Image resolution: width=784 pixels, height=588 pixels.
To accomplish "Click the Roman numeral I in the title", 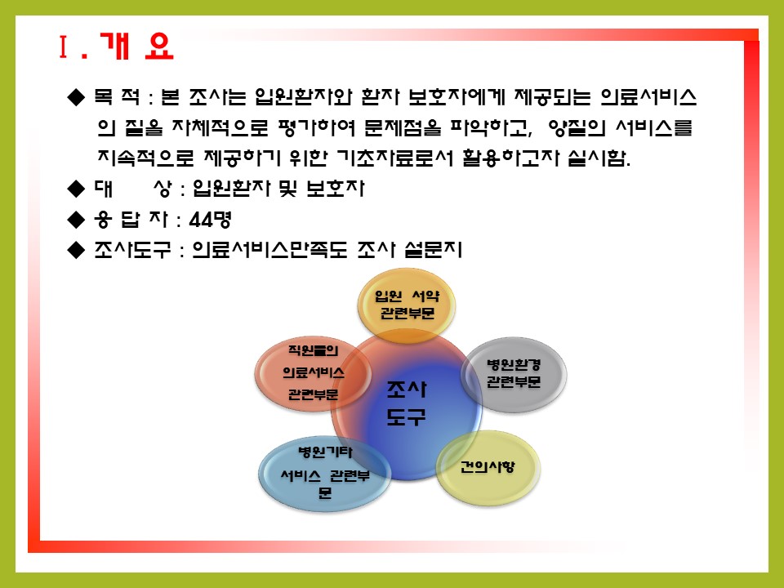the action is coord(63,47).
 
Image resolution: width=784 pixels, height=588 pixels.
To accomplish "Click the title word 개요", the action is coord(136,47).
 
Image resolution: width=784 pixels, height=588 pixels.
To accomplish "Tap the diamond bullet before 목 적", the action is coord(76,97).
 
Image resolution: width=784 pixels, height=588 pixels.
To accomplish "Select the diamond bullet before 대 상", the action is coord(76,189).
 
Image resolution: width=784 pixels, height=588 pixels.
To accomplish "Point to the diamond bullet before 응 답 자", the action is coord(76,220).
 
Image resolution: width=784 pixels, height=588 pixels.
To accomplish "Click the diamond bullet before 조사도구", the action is coord(76,250).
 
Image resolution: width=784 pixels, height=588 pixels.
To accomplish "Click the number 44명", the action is coord(210,220).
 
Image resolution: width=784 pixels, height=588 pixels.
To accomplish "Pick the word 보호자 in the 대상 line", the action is coord(336,189).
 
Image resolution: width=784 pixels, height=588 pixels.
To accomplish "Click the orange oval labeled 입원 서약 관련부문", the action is coord(407,305).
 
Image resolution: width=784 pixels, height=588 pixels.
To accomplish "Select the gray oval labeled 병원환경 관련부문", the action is coord(514,375).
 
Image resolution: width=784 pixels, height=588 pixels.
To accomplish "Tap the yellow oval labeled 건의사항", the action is coord(488,468).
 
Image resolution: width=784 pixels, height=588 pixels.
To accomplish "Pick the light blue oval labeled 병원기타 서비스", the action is coord(324,474).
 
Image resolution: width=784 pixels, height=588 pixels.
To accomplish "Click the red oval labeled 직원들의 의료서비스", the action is coord(313,373).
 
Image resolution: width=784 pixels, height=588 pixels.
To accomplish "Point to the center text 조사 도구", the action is coord(406,403).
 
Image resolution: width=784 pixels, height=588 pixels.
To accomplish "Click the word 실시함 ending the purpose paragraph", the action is coord(599,158).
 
